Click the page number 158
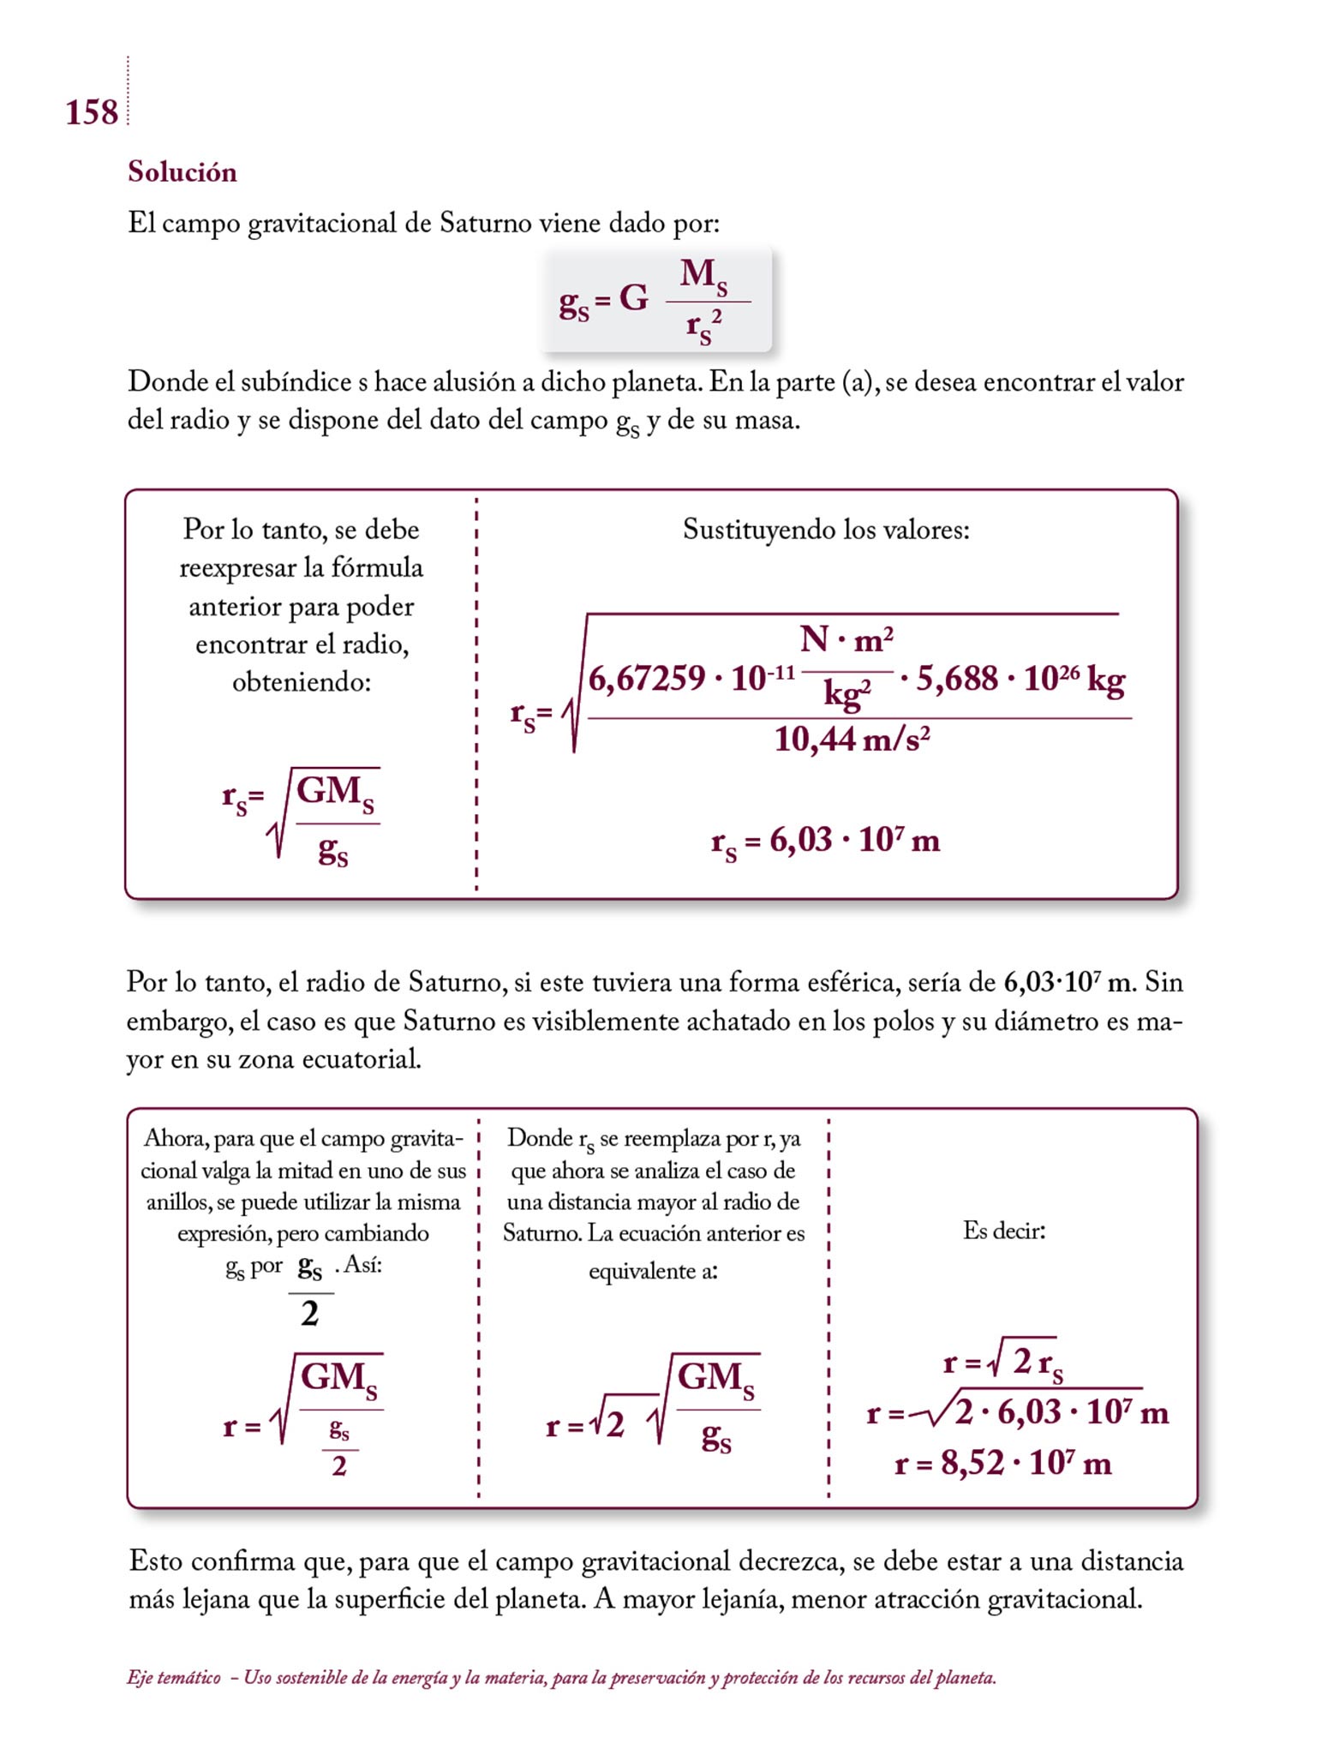click(92, 113)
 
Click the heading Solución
click(182, 172)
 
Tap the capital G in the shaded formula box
click(633, 299)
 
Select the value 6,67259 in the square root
click(647, 679)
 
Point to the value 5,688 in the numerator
click(957, 679)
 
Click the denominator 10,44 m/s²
click(852, 739)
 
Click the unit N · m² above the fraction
click(846, 639)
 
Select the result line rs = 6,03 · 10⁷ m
click(825, 841)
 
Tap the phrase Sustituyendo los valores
click(826, 530)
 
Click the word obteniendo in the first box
click(301, 682)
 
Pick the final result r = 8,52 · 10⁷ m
click(1002, 1463)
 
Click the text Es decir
click(1004, 1231)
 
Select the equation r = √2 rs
click(1002, 1362)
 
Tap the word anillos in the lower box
click(178, 1202)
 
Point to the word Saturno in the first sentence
click(486, 224)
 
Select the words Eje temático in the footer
click(173, 1678)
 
